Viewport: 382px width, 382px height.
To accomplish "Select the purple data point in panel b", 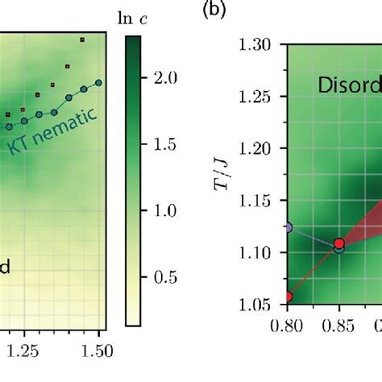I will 288,227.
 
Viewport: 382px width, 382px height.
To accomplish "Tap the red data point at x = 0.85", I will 339,243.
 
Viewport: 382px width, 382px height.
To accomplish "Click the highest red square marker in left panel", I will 82,39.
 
